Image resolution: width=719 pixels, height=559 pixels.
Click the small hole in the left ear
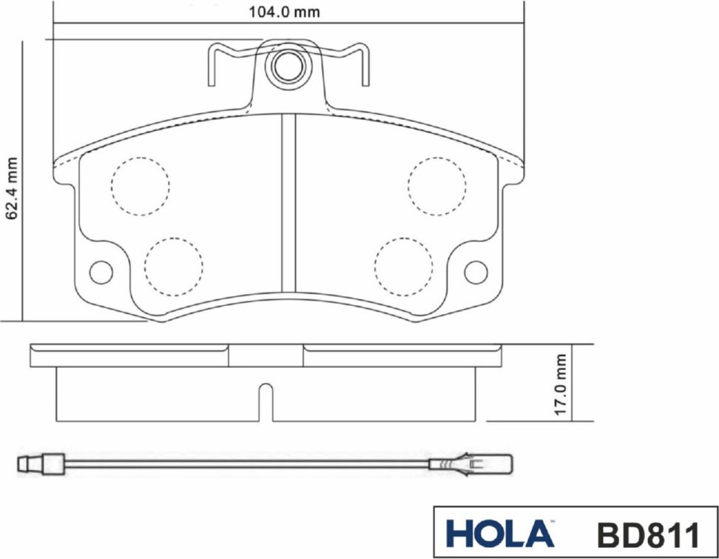(x=100, y=272)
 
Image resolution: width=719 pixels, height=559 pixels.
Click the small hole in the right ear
(x=476, y=272)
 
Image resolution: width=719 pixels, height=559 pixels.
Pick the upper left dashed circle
(x=140, y=186)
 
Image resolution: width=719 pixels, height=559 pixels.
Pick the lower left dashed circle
(x=174, y=267)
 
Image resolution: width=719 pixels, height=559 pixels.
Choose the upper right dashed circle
(x=438, y=186)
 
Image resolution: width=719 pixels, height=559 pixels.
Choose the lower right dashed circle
(x=403, y=267)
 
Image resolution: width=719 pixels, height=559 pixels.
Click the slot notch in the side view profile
(x=265, y=404)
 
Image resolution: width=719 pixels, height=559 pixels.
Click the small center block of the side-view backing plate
(x=266, y=356)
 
